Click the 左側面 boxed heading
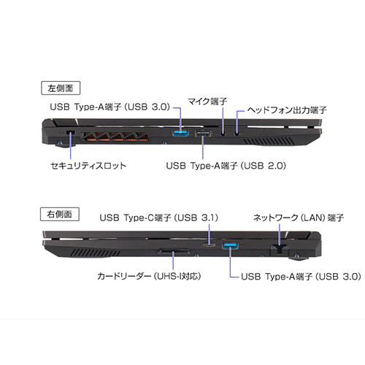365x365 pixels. point(61,88)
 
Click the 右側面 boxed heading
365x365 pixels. point(60,214)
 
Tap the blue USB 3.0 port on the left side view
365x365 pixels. point(180,133)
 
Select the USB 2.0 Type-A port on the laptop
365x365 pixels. point(203,134)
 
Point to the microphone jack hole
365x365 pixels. point(223,133)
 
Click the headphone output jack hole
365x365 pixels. point(237,133)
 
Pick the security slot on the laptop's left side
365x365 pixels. point(71,133)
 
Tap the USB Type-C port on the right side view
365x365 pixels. point(210,245)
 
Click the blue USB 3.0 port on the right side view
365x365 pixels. point(231,246)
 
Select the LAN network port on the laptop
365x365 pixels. point(279,249)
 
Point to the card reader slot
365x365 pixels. point(174,251)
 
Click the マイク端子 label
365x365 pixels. point(207,101)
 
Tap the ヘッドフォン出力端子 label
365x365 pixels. point(287,110)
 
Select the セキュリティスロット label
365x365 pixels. point(88,166)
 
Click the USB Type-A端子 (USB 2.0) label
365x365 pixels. point(226,166)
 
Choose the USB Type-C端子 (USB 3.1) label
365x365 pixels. point(159,218)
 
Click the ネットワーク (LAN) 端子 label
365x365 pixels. point(299,218)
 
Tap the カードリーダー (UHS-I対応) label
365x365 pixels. point(149,277)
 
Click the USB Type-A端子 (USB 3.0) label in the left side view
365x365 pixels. point(109,107)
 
